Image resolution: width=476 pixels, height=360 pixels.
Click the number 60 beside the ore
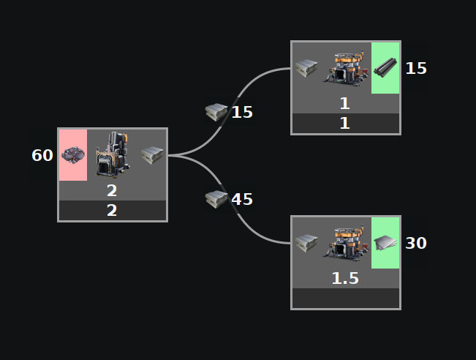(x=42, y=155)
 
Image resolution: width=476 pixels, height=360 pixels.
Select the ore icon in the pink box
(x=72, y=155)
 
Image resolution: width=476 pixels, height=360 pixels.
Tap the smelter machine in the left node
(x=113, y=154)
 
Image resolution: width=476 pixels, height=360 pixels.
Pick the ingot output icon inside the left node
(x=152, y=154)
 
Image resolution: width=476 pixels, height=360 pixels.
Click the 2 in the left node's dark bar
(x=112, y=211)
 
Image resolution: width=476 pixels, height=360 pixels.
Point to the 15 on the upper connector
(x=242, y=112)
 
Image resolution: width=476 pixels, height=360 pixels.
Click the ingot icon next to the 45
(x=217, y=198)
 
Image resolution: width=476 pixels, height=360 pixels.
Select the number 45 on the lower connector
(x=242, y=199)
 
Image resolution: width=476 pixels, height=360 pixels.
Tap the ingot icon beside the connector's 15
(x=217, y=112)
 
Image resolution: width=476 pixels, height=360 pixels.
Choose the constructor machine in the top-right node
(x=345, y=67)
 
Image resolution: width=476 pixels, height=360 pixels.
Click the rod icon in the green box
(x=385, y=68)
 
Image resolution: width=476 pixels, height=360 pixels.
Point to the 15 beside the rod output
(x=416, y=68)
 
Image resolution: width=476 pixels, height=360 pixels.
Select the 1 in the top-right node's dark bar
(x=345, y=124)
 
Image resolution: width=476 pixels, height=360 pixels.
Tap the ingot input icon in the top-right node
(x=306, y=68)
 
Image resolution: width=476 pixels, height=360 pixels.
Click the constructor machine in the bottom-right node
(x=345, y=242)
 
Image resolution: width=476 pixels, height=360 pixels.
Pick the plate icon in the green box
(x=385, y=242)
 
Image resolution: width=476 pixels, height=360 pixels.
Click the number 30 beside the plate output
(x=416, y=243)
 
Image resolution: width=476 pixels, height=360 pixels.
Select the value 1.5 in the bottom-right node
(x=345, y=279)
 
